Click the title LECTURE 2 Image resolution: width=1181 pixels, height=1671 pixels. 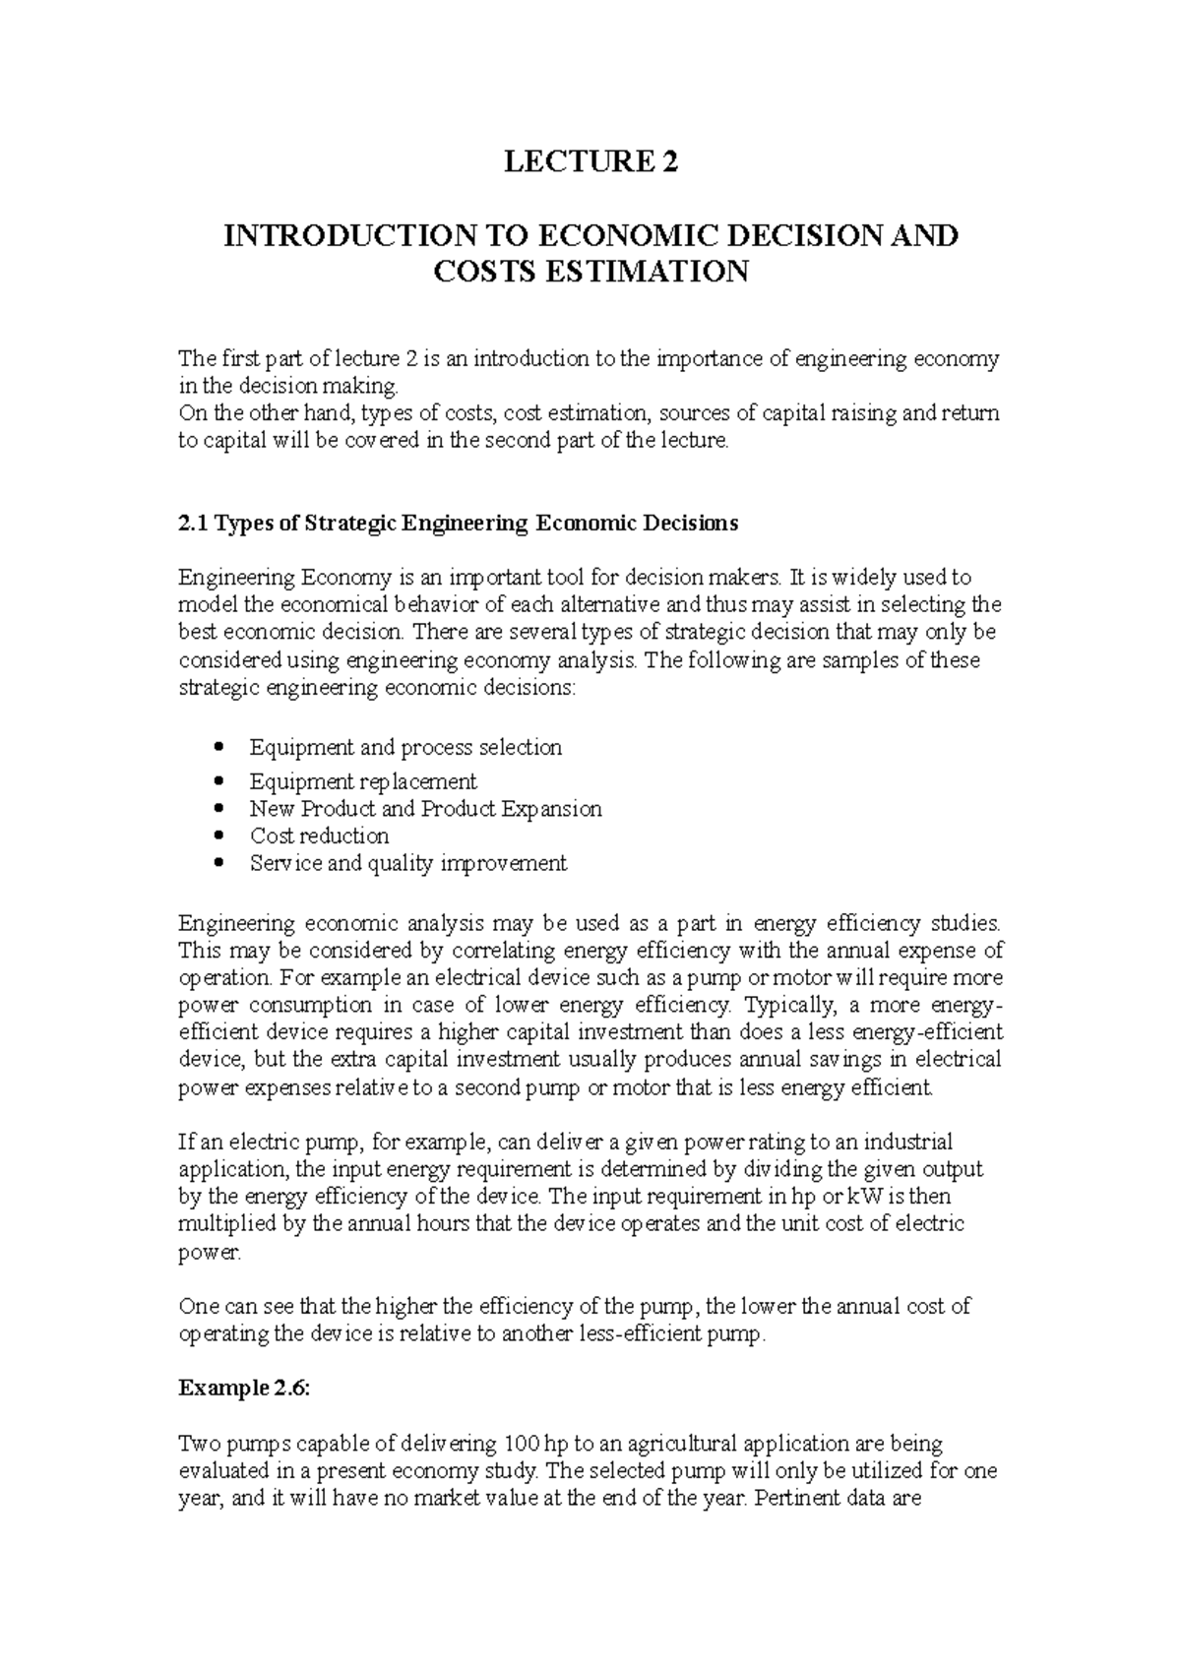(590, 162)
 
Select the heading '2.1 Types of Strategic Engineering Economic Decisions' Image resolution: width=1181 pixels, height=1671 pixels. (458, 524)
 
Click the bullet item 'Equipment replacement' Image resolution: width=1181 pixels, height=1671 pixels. (362, 781)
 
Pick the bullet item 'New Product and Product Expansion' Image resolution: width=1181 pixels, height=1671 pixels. (425, 809)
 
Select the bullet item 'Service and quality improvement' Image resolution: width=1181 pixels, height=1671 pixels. (407, 864)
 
